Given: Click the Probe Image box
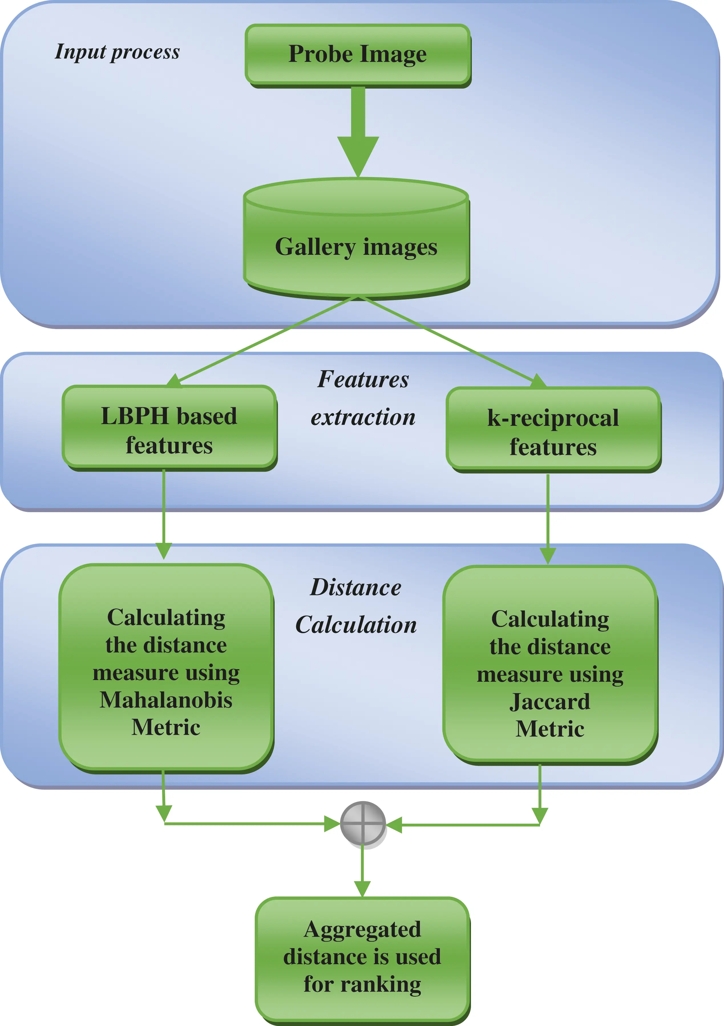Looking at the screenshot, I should pos(358,54).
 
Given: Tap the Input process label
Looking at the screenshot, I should pos(117,52).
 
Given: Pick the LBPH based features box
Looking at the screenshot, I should pos(169,428).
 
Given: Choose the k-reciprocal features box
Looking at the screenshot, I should pos(553,429).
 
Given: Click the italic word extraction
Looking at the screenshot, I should pos(363,417).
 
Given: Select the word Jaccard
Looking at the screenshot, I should pos(550,702).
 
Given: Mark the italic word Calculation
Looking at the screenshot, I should pos(356,625).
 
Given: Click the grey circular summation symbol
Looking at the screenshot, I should pos(363,823).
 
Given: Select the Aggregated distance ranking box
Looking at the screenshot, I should pos(362,957).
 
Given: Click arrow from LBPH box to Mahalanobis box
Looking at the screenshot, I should pos(164,514).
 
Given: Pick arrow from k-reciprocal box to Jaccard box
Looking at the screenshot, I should pos(548,518).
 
